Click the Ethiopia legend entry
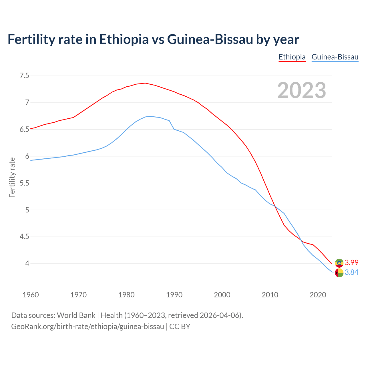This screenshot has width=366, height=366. point(292,57)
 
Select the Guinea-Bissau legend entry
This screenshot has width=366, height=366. point(335,57)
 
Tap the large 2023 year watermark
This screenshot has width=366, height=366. point(302,90)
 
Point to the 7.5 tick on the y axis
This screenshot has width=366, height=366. point(24,76)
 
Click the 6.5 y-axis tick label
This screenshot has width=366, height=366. point(24,130)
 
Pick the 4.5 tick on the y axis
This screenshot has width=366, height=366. point(24,237)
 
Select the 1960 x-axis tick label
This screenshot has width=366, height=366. point(31,295)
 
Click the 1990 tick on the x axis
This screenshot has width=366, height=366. point(174,295)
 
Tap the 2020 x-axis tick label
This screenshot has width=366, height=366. point(318,295)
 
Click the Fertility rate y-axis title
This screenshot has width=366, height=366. point(12,177)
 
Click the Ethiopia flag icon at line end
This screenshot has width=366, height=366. point(339,263)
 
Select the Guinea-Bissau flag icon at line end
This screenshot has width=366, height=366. point(339,273)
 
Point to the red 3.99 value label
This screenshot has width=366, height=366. point(351,263)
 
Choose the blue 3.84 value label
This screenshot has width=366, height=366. point(351,272)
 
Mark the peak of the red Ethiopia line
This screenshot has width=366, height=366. point(145,83)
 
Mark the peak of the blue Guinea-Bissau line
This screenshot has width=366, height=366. point(150,116)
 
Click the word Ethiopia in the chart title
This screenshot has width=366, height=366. point(124,39)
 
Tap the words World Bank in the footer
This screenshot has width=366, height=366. point(76,315)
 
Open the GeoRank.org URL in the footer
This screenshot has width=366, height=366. point(87,327)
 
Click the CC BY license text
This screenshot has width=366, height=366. point(180,327)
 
